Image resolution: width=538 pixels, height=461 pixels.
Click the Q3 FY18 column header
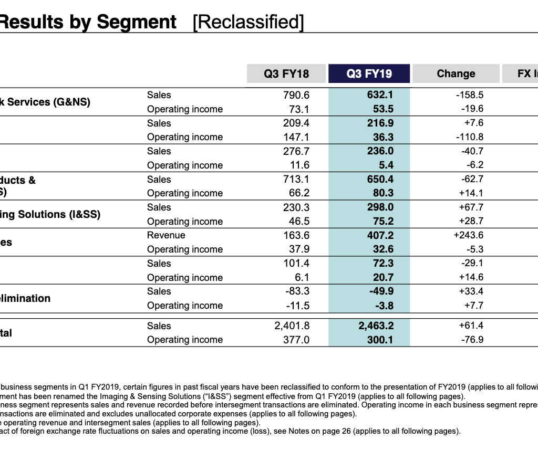tap(286, 74)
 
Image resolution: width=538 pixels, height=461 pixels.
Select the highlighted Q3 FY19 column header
tap(369, 74)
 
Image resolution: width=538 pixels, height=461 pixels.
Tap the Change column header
tap(456, 74)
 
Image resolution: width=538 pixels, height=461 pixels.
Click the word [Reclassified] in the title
tap(248, 22)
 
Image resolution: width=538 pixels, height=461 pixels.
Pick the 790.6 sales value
tap(296, 95)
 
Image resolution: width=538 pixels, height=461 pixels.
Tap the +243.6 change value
tap(468, 235)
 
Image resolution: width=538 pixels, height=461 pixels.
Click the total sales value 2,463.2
tap(376, 326)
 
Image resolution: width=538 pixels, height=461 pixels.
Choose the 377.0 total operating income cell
tap(297, 340)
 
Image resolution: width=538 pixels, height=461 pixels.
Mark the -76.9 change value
tap(471, 340)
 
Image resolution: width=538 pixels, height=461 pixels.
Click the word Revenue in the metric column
tap(166, 235)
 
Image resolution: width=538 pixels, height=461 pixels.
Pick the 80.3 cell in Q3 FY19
tap(382, 193)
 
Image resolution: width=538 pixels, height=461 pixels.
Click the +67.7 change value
tap(471, 207)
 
